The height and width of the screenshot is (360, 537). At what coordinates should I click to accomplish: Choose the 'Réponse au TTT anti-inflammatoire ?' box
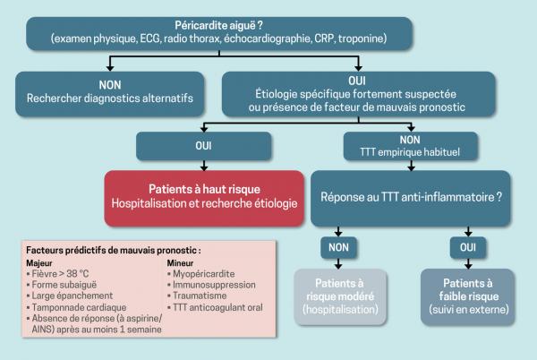pos(416,197)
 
